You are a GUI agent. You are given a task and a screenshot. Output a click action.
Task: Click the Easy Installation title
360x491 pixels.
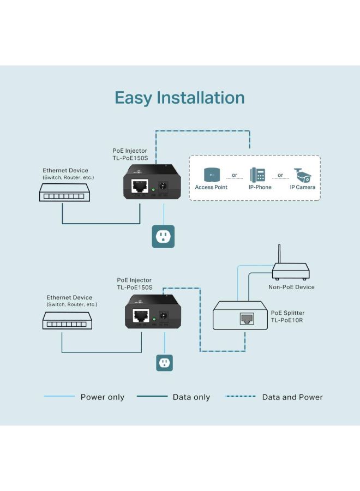(179, 98)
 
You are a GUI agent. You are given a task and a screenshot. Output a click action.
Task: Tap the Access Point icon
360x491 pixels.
(211, 175)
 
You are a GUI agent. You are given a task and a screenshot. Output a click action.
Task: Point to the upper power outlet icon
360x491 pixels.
(163, 236)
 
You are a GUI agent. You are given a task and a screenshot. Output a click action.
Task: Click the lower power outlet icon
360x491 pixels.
(164, 363)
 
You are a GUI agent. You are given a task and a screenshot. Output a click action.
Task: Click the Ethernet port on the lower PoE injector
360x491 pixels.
(141, 315)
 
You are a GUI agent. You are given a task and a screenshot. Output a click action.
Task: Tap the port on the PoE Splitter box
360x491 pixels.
(246, 319)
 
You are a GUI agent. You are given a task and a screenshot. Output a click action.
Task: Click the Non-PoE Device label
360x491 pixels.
(291, 287)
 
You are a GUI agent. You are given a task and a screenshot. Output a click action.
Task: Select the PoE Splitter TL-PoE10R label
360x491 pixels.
(286, 316)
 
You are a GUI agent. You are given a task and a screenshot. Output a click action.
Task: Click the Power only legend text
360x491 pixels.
(103, 397)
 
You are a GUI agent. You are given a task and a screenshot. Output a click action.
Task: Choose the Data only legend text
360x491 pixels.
(191, 397)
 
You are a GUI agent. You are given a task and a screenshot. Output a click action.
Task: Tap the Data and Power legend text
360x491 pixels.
(292, 397)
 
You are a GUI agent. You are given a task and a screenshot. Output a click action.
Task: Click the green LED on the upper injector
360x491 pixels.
(154, 189)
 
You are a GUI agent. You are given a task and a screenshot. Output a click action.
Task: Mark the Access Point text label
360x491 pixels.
(211, 187)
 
